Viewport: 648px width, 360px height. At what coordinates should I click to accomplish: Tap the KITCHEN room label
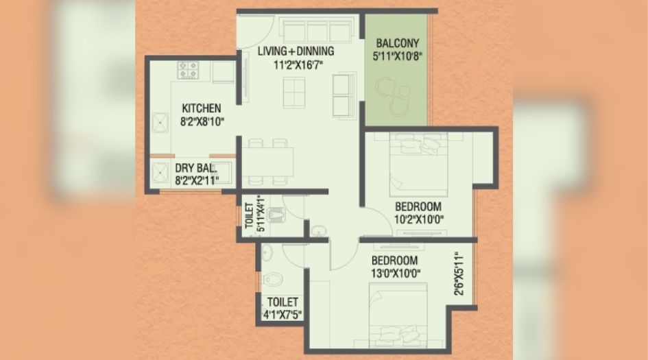(201, 108)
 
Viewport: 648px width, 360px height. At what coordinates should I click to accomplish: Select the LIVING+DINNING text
(296, 51)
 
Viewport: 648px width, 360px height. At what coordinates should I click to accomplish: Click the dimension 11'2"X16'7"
(296, 65)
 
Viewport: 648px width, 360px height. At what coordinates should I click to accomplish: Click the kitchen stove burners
(188, 70)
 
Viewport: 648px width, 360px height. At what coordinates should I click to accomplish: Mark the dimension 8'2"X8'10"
(202, 122)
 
